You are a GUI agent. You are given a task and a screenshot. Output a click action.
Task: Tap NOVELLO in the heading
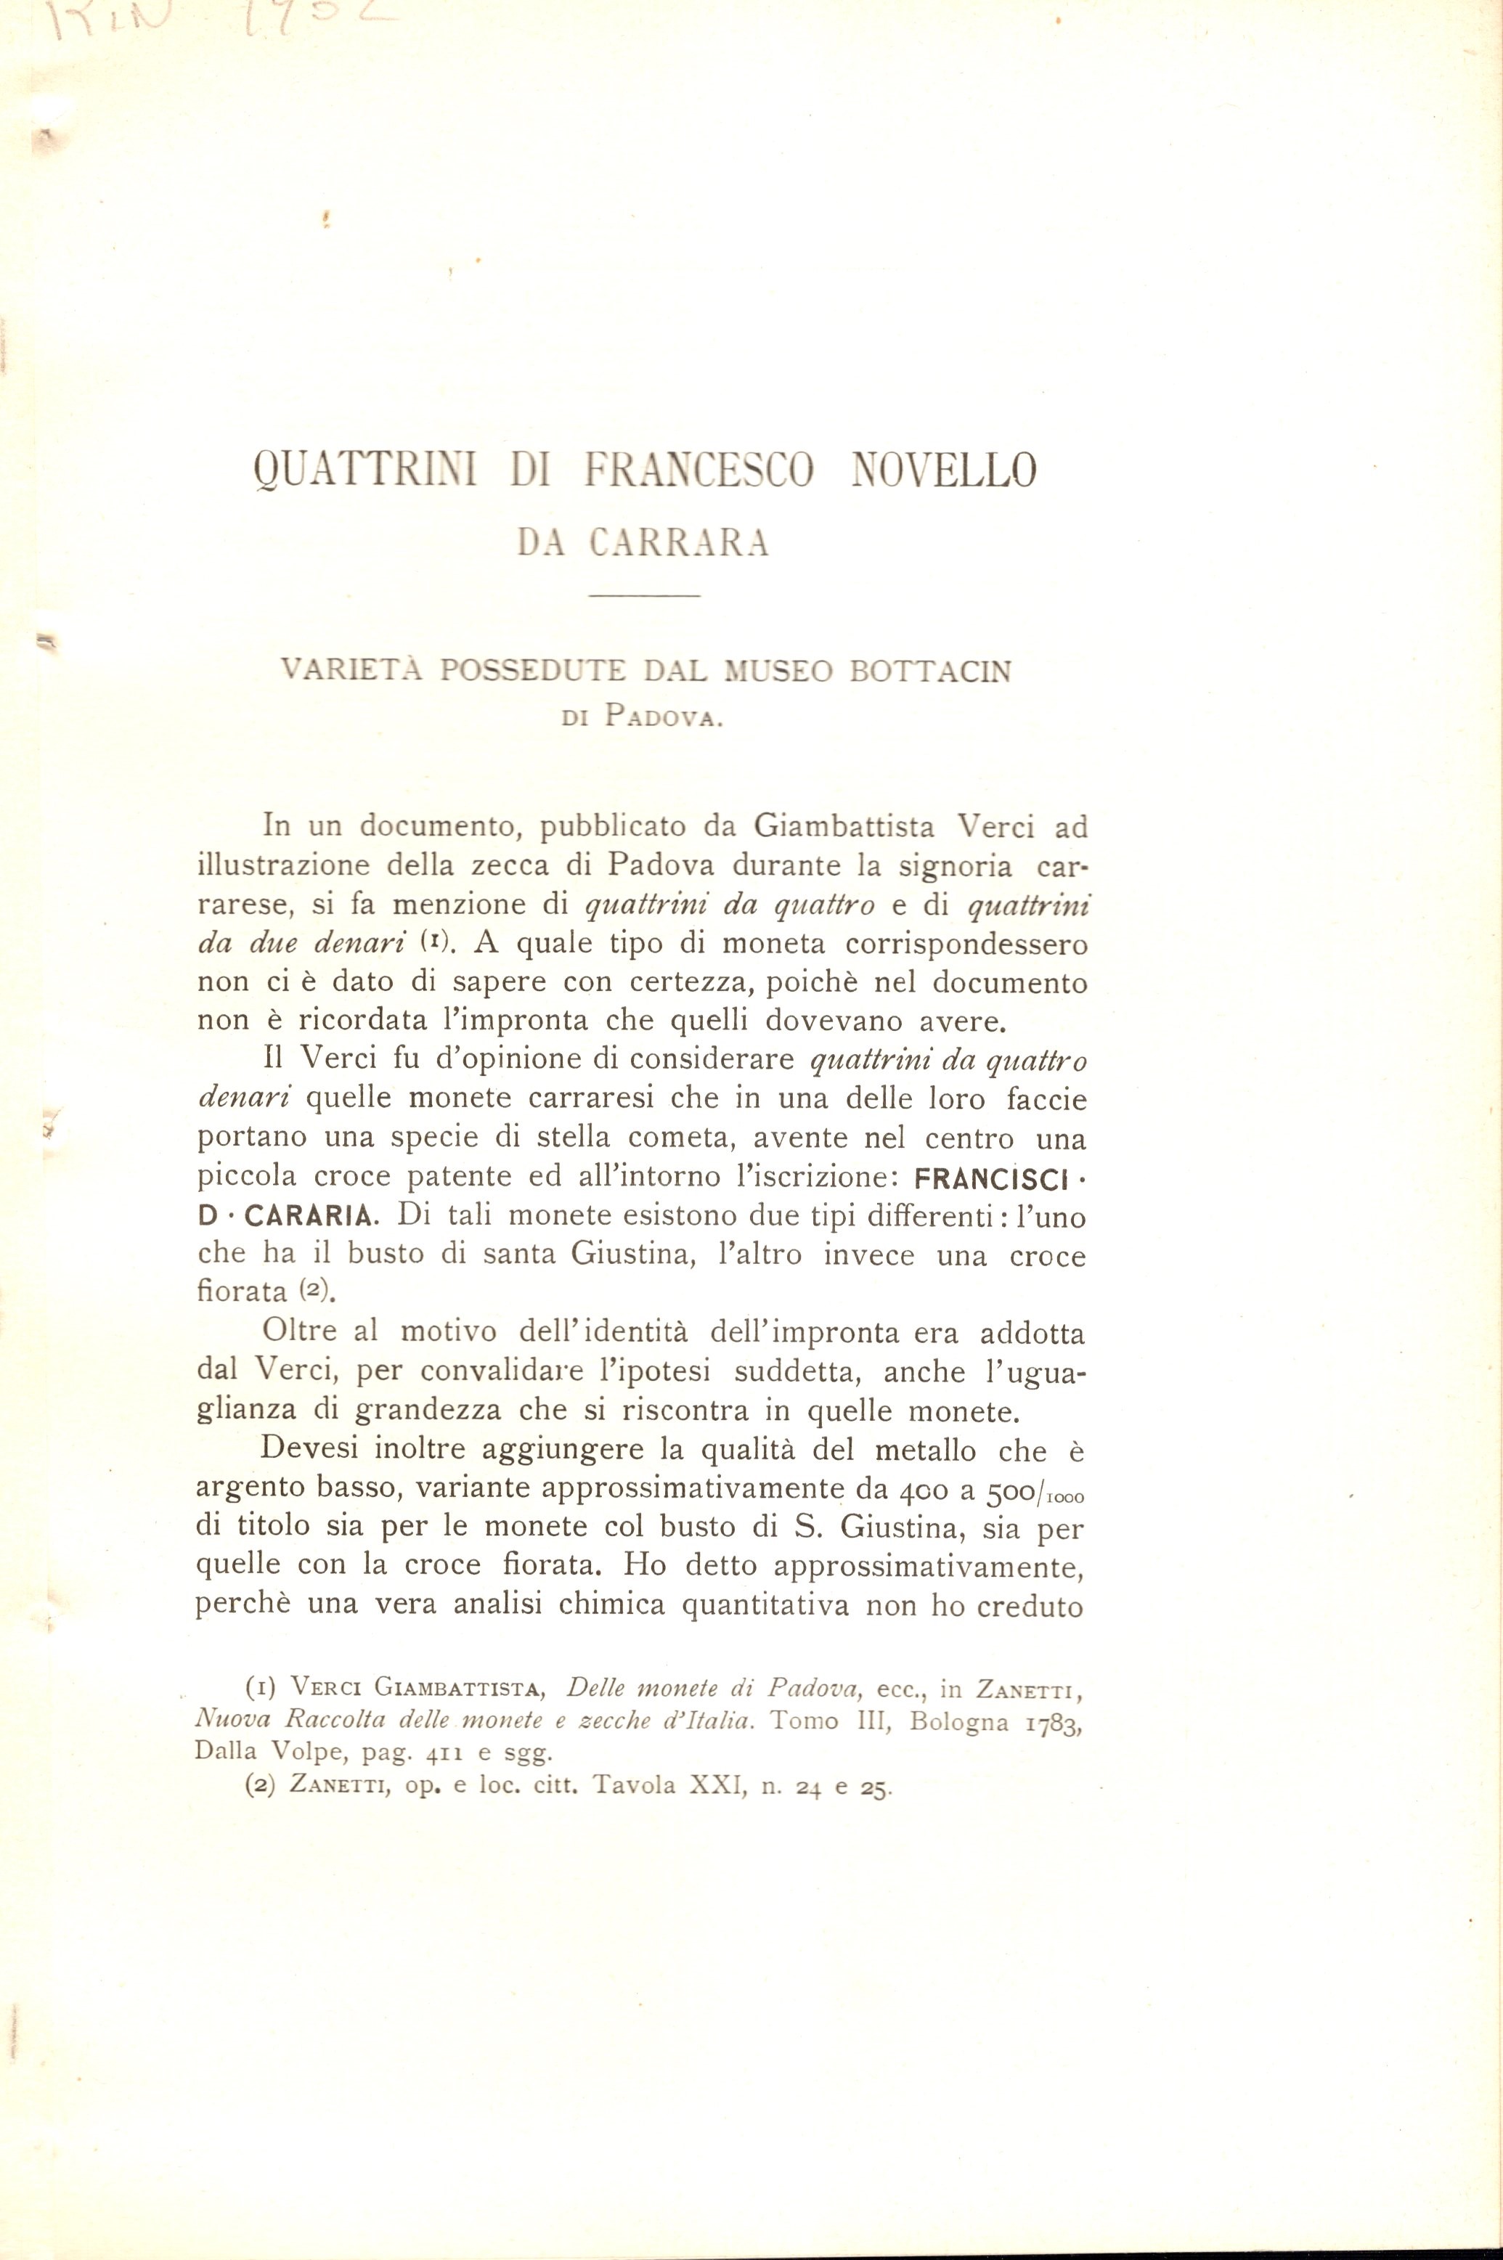943,473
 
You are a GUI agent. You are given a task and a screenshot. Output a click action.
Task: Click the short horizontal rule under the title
645,598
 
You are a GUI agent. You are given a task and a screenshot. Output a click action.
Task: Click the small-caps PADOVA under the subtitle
662,719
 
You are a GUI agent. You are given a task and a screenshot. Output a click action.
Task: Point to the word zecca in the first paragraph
497,865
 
